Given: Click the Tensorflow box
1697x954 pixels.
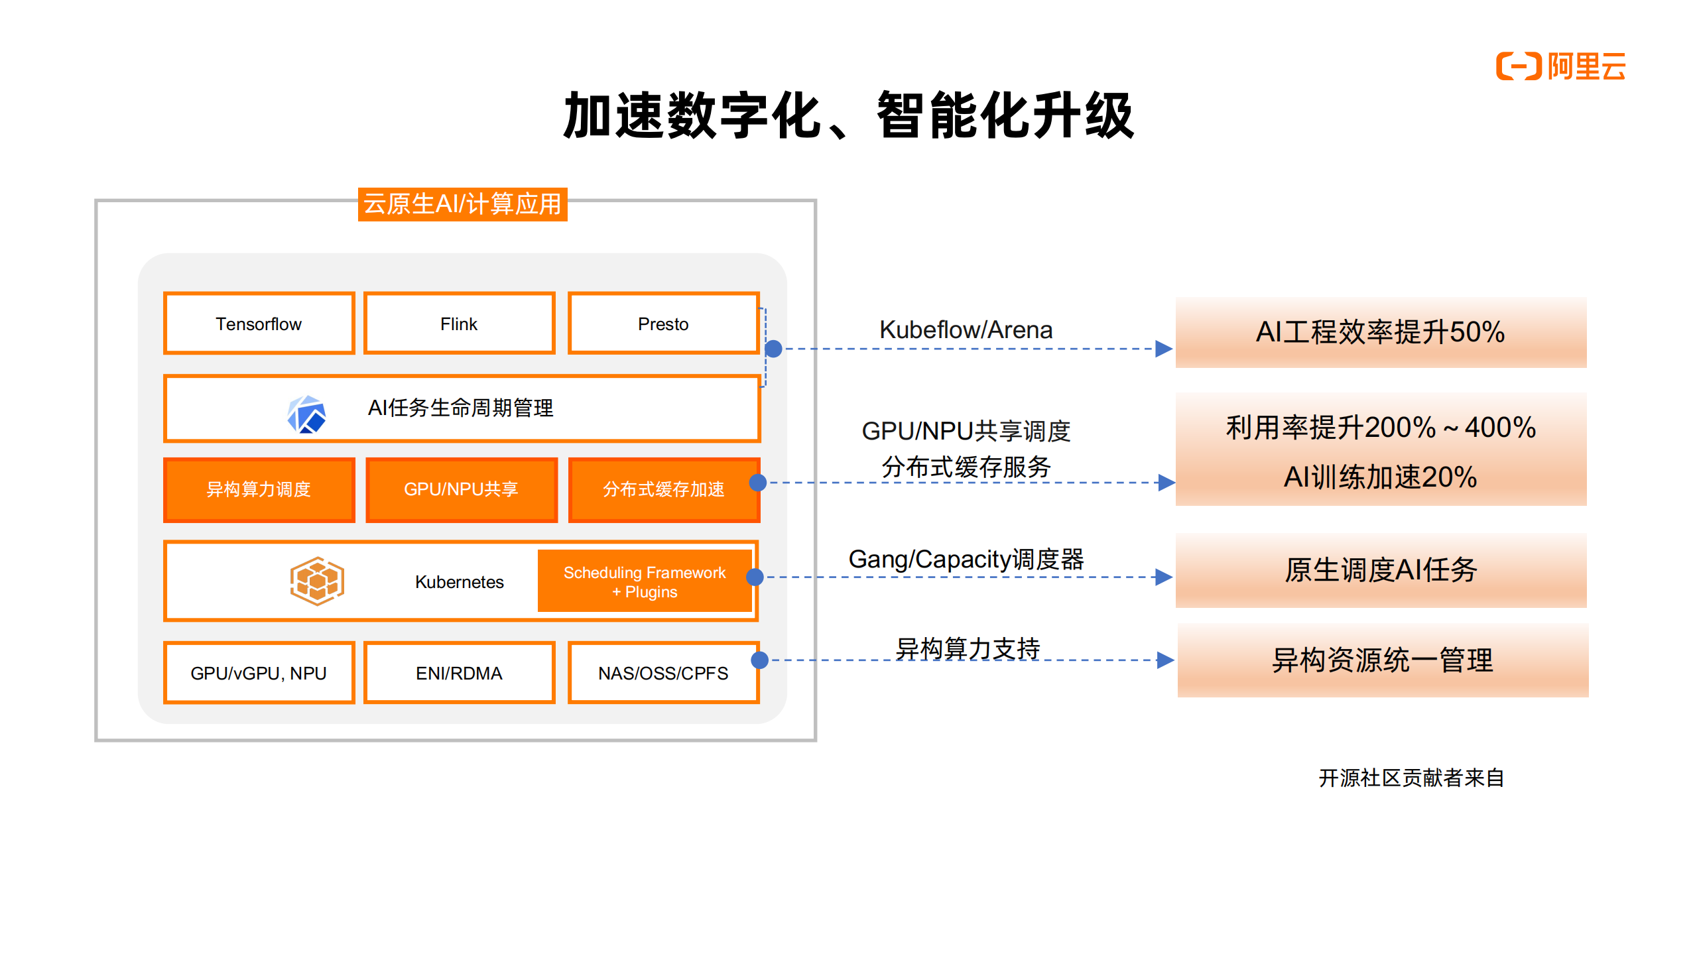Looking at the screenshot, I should tap(259, 324).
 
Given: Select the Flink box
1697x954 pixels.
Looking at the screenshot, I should tap(459, 324).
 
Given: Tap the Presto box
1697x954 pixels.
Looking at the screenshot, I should tap(663, 324).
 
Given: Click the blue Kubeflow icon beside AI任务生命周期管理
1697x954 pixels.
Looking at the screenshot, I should tap(306, 414).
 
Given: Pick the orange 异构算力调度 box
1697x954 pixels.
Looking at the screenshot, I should tap(259, 489).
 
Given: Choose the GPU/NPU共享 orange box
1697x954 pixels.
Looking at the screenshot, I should tap(461, 489).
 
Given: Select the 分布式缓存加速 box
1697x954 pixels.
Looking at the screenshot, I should tap(663, 489).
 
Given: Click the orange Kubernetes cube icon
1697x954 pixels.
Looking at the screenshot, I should tap(317, 581).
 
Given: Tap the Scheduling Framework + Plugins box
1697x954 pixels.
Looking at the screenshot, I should tap(644, 581).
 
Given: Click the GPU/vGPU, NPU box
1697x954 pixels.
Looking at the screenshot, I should tap(259, 673).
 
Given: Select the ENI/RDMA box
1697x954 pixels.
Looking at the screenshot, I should tap(459, 673).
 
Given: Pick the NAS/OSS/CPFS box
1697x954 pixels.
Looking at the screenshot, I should tap(663, 673).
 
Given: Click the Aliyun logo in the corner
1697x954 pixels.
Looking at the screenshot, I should tap(1560, 66).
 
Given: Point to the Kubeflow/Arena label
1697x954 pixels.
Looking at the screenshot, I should tap(966, 329).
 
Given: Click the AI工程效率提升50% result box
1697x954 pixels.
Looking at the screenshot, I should tap(1380, 332).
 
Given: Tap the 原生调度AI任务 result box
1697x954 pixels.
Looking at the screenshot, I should tap(1380, 570).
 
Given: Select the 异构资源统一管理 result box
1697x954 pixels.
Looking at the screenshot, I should tap(1382, 660).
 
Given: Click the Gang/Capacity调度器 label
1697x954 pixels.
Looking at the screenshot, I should tap(966, 559).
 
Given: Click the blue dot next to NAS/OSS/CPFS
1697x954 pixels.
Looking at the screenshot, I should tap(759, 660).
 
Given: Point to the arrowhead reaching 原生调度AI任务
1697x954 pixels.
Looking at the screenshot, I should tap(1163, 577).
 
